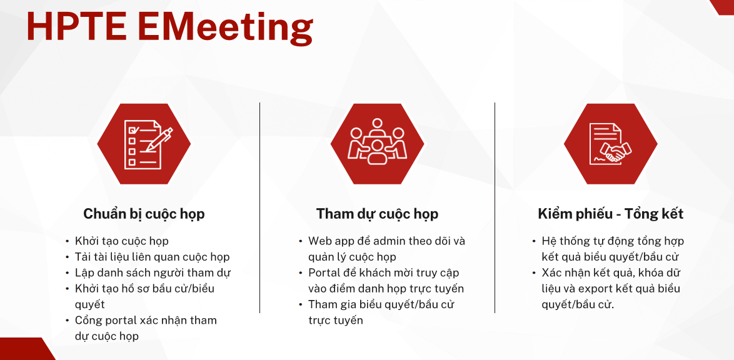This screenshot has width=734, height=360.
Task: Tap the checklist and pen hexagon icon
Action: tap(144, 144)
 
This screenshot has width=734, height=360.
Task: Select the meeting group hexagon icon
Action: tap(377, 144)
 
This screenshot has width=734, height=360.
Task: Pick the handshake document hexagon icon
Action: tap(610, 144)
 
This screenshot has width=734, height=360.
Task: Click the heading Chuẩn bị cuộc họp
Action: tap(144, 214)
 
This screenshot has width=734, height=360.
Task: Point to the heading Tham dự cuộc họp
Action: tap(377, 214)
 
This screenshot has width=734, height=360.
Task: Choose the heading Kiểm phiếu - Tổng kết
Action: tap(610, 214)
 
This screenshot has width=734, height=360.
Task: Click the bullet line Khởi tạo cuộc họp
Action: tap(122, 241)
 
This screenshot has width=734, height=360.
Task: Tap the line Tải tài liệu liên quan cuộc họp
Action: tap(152, 257)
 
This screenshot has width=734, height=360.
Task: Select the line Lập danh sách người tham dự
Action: tap(153, 273)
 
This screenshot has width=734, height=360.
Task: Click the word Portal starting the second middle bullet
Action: tap(323, 273)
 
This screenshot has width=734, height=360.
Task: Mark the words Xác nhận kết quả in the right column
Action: tap(585, 273)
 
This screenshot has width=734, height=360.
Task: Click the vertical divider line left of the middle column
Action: tap(260, 208)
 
